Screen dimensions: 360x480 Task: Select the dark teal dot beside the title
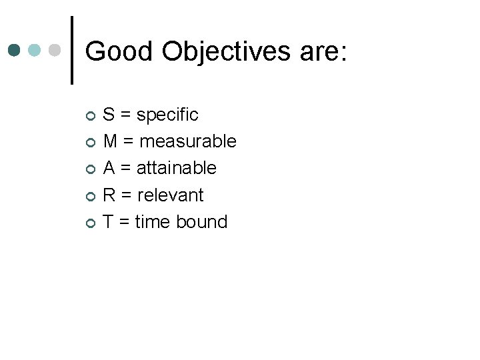click(15, 50)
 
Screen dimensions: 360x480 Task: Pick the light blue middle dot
click(35, 50)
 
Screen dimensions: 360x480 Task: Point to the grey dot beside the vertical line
click(55, 50)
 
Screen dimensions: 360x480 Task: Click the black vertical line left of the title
click(72, 50)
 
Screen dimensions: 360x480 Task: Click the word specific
click(167, 115)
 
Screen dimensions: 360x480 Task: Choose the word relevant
click(170, 195)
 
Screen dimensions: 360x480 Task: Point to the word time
click(153, 221)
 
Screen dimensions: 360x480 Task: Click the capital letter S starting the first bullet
click(109, 115)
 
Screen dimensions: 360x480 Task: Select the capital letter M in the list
click(111, 141)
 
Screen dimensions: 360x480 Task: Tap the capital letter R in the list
click(110, 195)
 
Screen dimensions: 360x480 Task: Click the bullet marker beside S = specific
click(91, 116)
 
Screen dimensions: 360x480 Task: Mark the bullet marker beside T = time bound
click(91, 223)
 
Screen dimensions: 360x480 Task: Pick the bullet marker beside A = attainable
click(91, 169)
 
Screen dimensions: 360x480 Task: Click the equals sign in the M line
click(128, 142)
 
